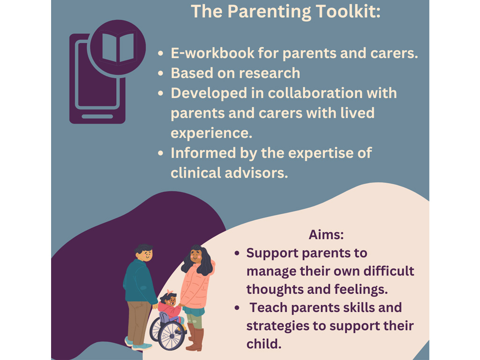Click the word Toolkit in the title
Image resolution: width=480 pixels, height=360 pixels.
pos(348,11)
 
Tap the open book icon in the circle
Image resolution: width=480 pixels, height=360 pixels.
pos(118,48)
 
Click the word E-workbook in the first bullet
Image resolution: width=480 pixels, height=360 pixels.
pos(212,53)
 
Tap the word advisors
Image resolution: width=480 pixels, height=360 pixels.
pos(257,173)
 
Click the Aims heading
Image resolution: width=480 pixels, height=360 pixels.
pos(326,235)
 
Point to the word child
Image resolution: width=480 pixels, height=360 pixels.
pos(263,344)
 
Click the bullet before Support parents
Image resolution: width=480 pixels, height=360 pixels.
pos(237,254)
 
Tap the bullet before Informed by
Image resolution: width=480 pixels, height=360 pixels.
pos(161,153)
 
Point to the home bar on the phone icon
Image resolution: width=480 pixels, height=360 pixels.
pos(97,116)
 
